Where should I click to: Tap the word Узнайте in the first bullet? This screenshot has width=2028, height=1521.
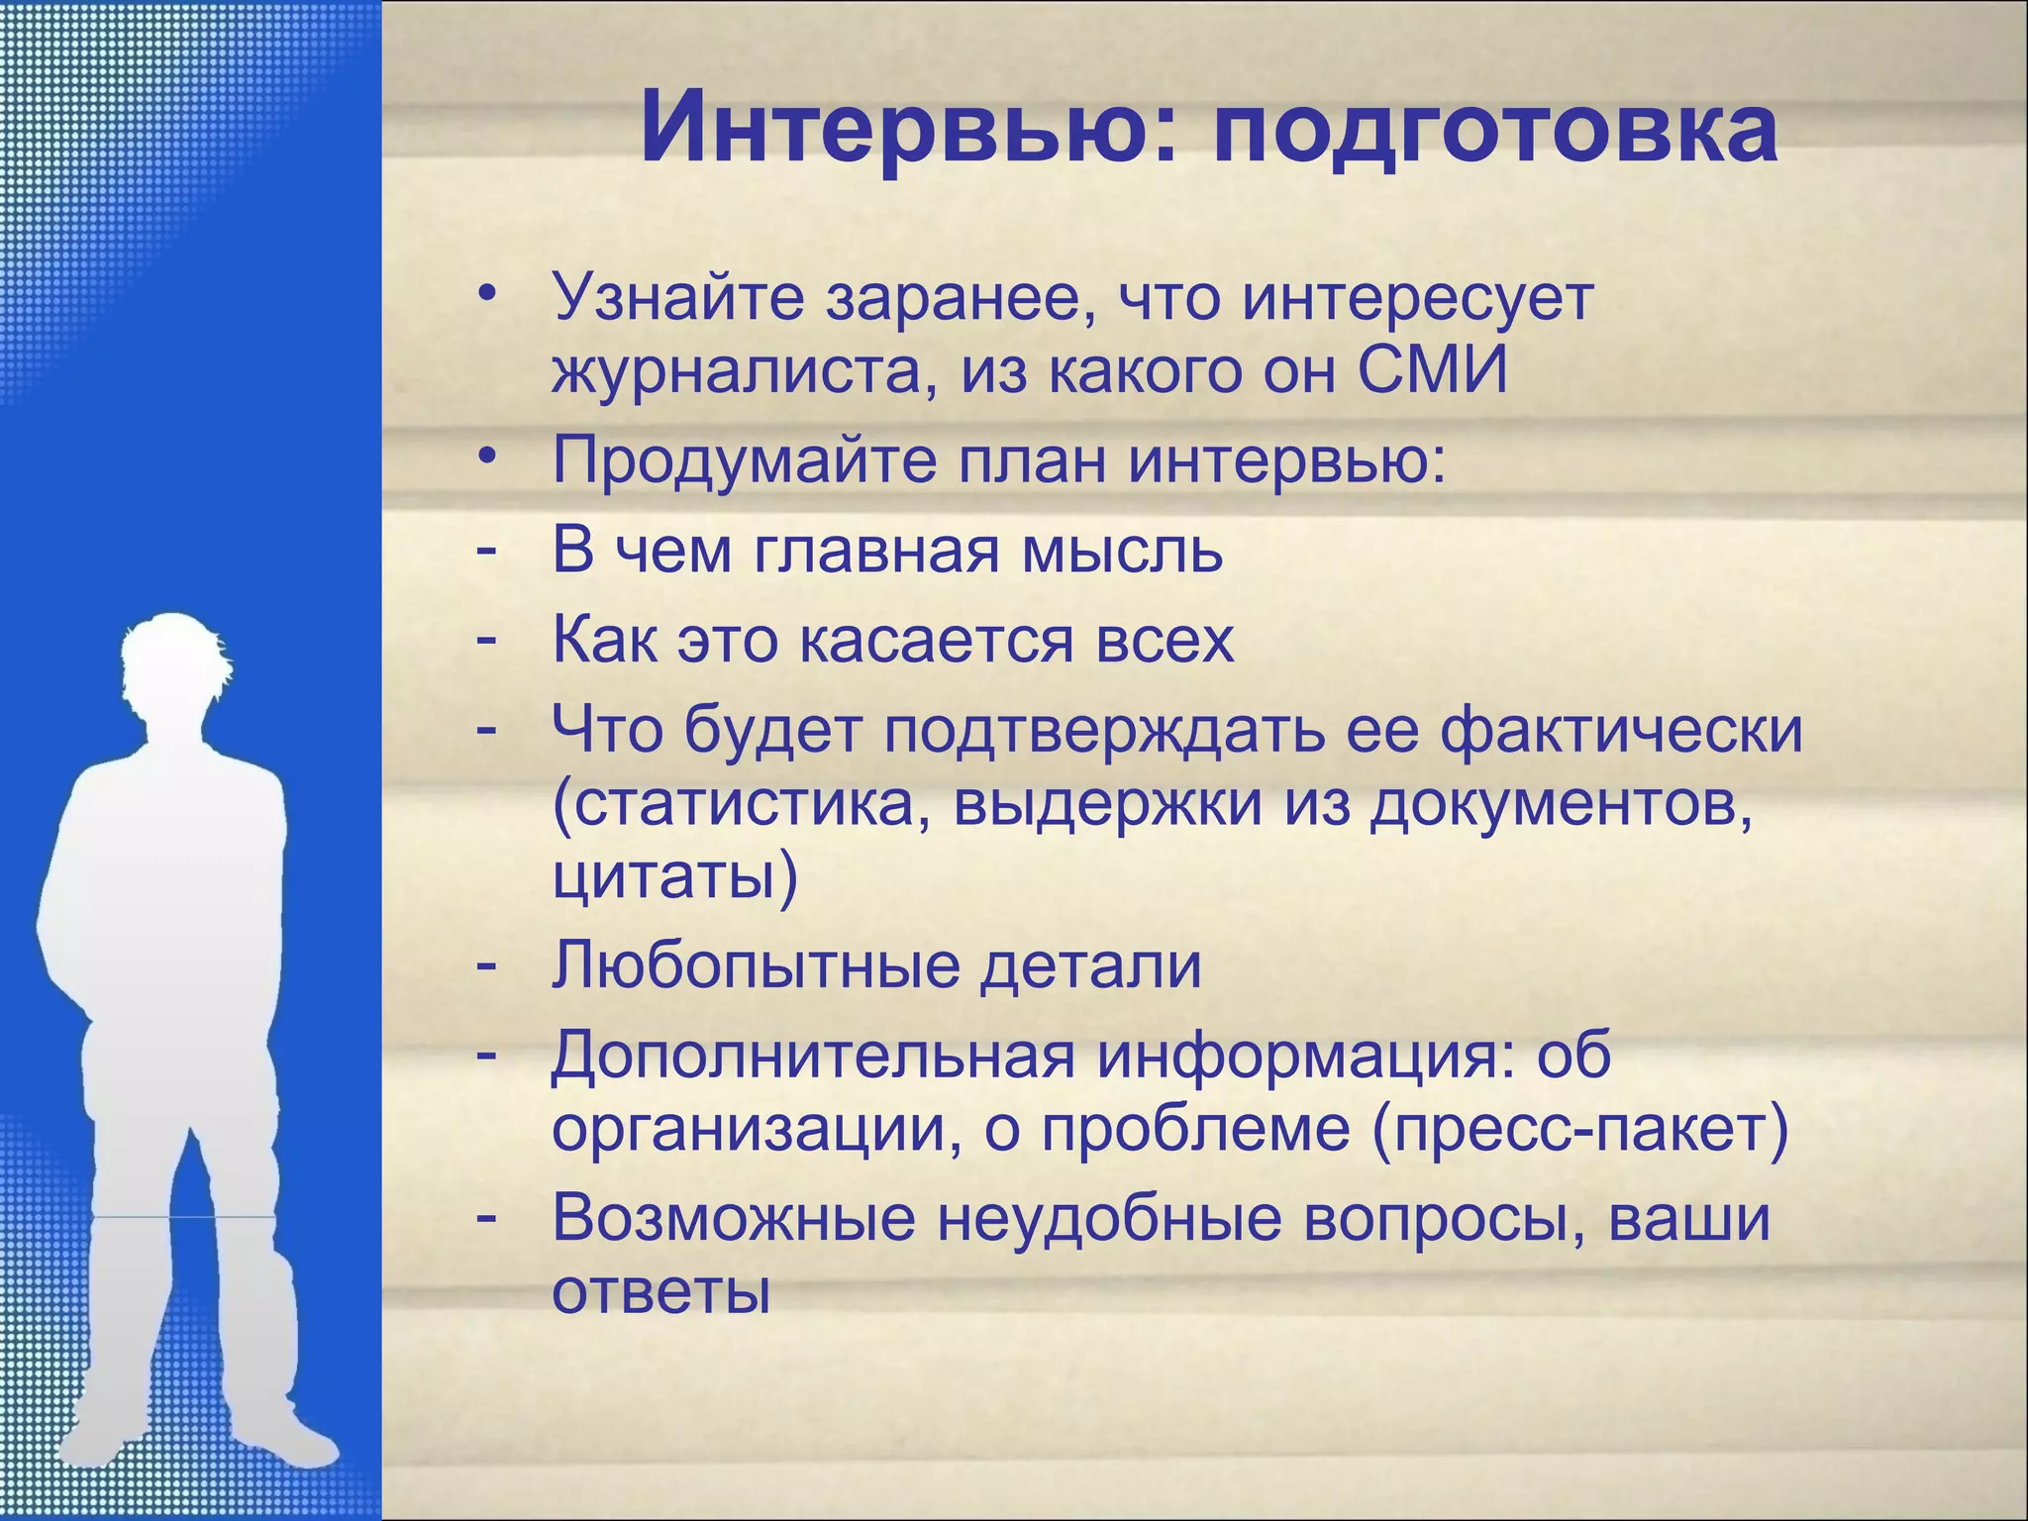coord(678,297)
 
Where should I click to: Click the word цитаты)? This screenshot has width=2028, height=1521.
coord(674,877)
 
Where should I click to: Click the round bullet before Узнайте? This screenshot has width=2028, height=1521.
coord(485,296)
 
